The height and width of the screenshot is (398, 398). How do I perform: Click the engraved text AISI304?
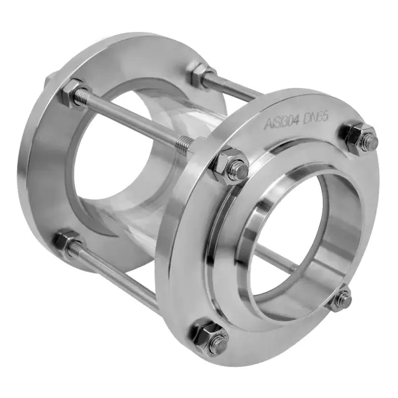(281, 122)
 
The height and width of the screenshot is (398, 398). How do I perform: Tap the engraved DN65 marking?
(315, 117)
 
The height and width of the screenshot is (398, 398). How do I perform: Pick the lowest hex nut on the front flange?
(209, 335)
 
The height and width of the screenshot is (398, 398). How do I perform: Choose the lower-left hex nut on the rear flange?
(66, 242)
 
